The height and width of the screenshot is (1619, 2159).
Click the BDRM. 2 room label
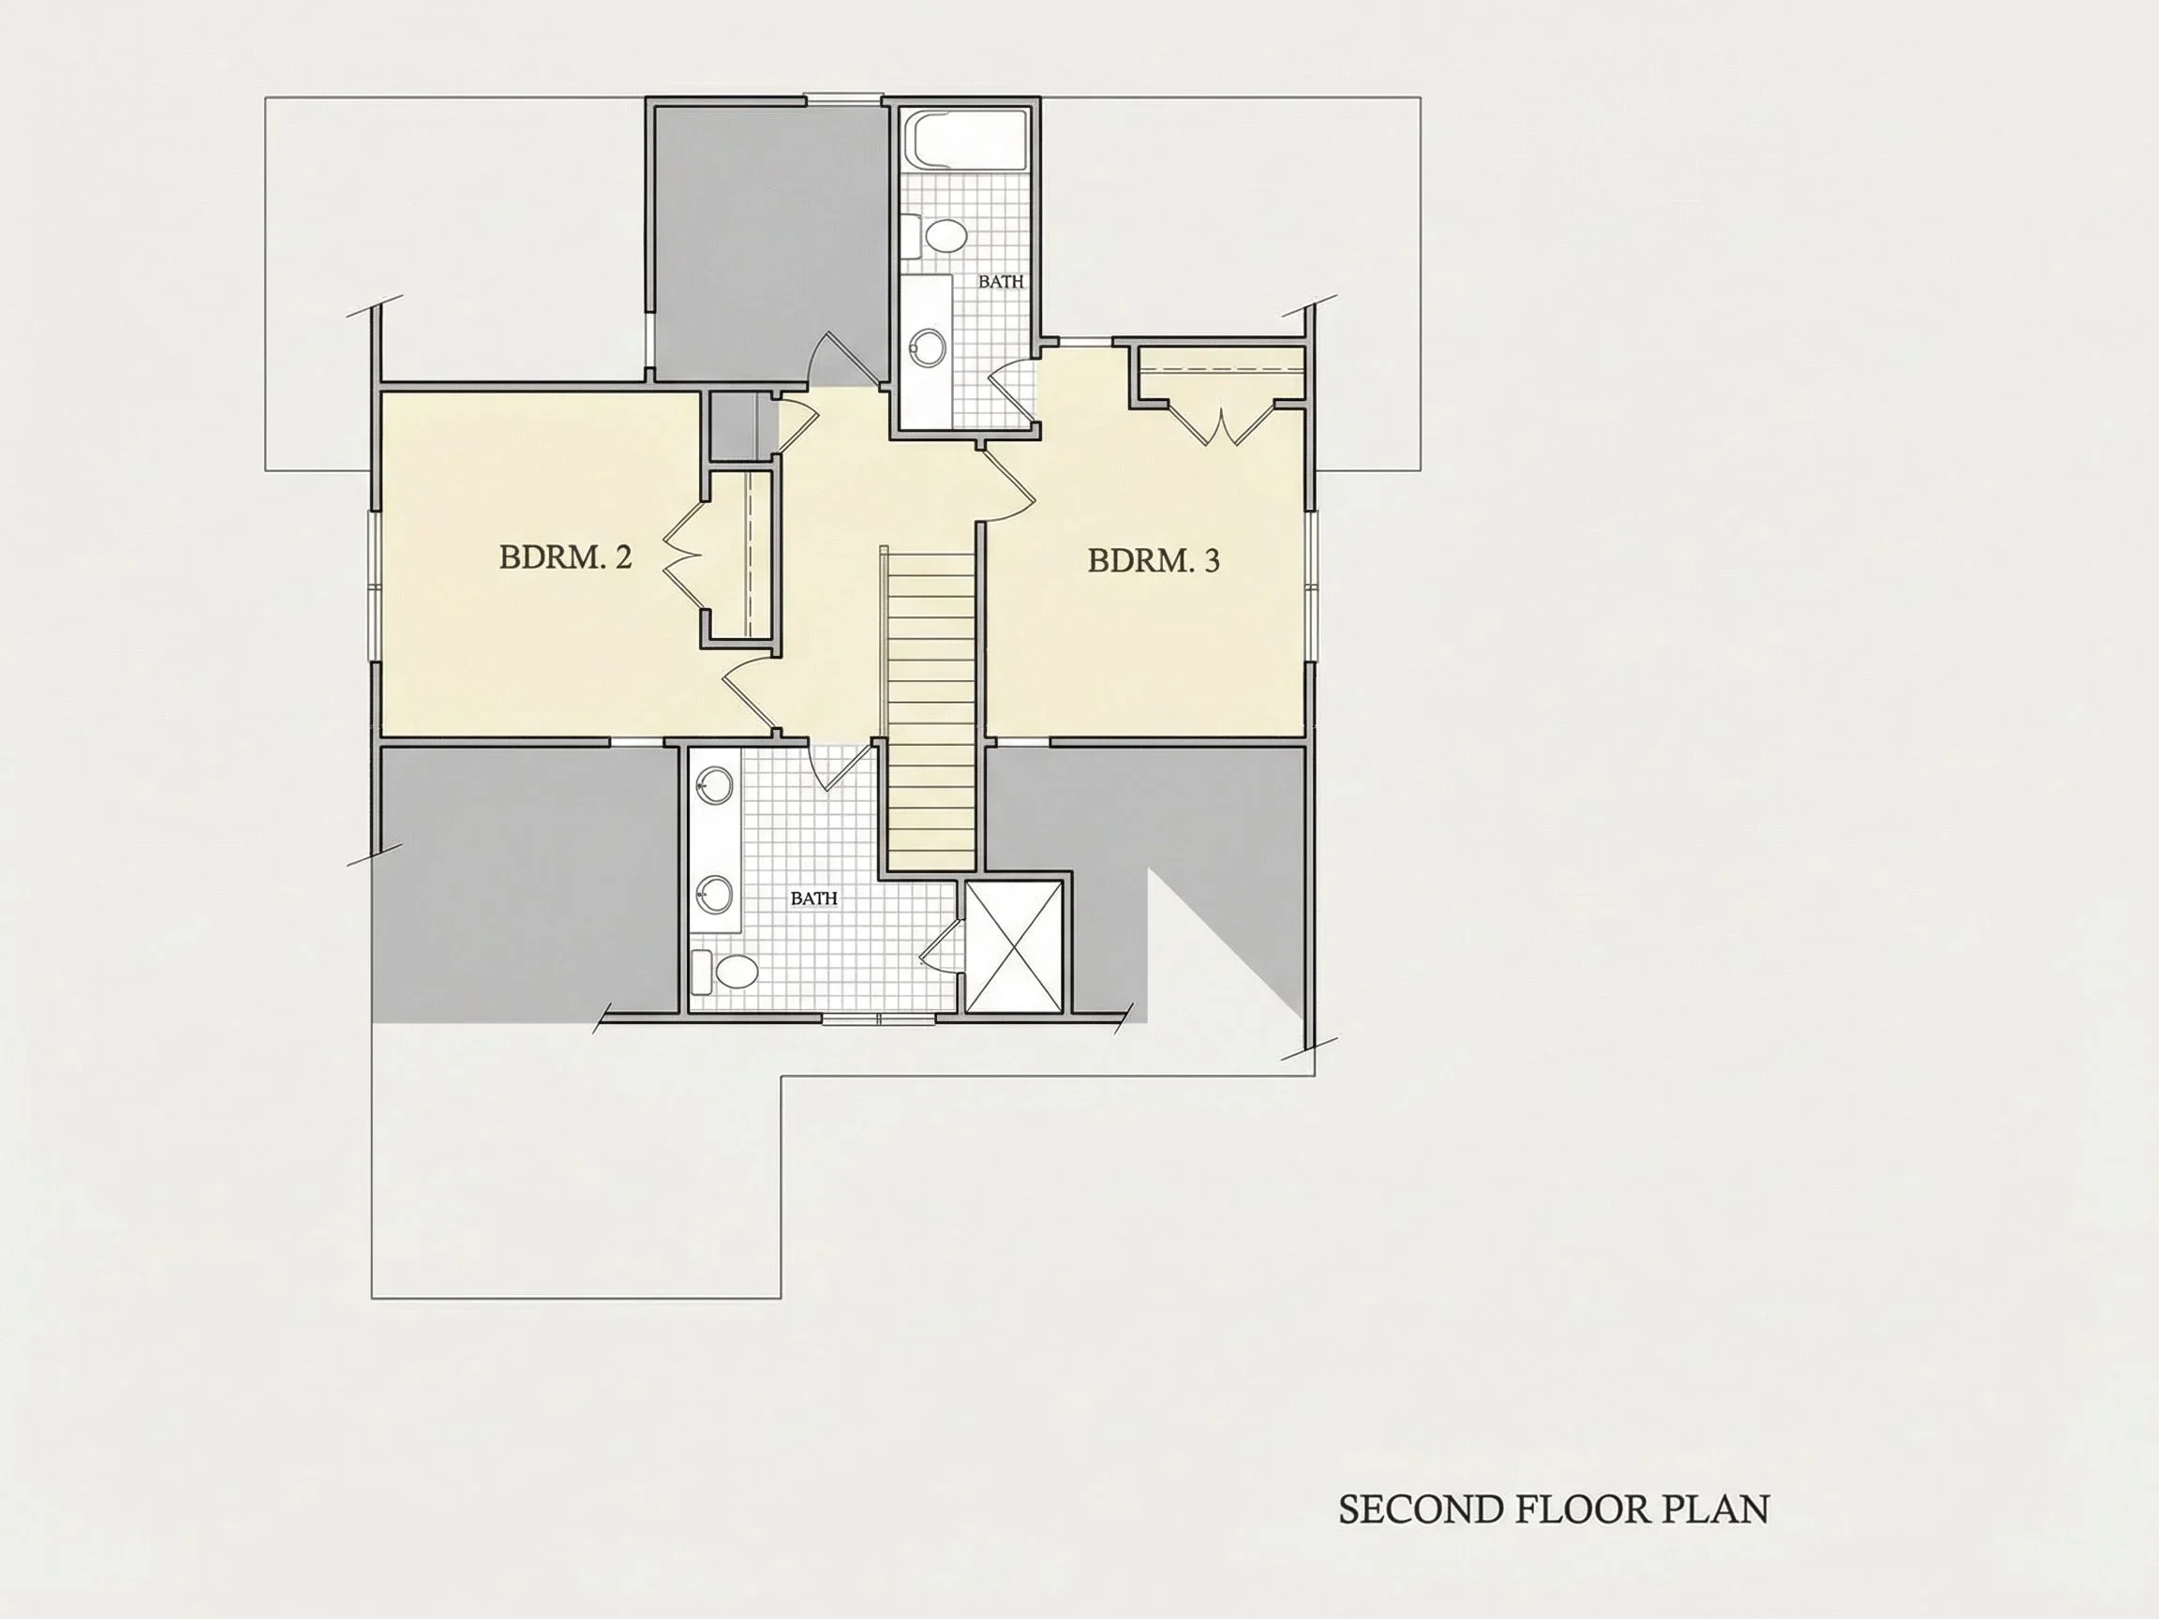coord(565,557)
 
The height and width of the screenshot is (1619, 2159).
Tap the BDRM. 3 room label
coord(1154,561)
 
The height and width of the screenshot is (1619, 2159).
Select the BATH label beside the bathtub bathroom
coord(1002,282)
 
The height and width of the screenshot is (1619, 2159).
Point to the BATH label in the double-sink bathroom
coord(814,899)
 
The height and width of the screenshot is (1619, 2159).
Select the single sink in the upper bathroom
coord(928,347)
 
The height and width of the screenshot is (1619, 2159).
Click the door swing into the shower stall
coord(941,943)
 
